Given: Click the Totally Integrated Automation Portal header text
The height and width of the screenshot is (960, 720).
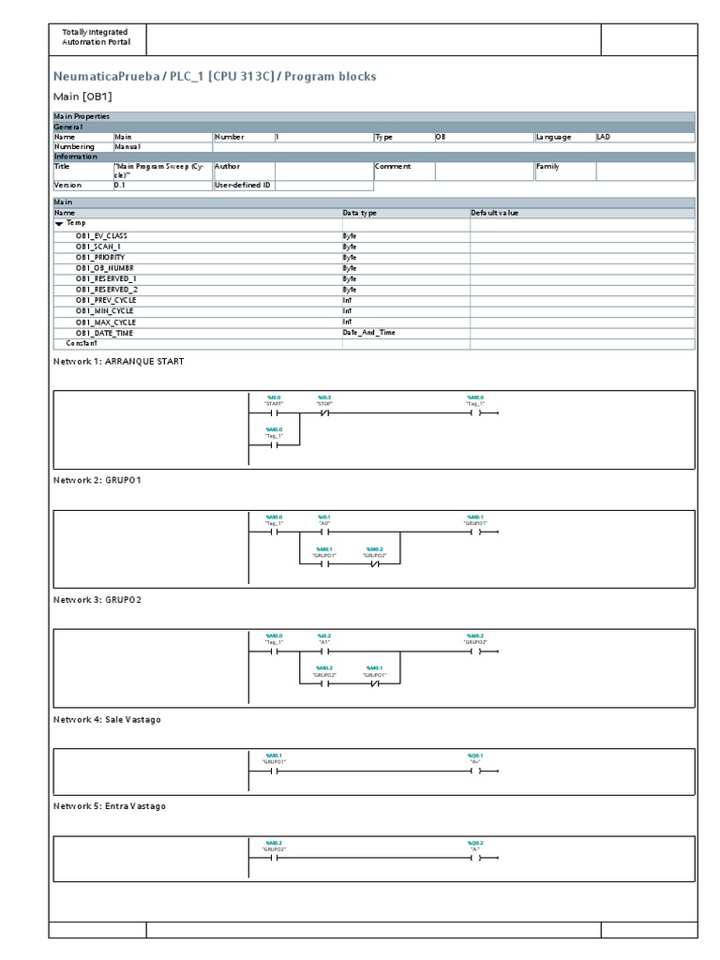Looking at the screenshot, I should (x=96, y=37).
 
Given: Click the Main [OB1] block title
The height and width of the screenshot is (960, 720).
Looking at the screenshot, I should (x=82, y=96).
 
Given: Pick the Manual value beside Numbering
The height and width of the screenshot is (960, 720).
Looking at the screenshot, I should (x=127, y=147).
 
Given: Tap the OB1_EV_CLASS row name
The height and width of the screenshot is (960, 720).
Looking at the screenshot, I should (x=102, y=234).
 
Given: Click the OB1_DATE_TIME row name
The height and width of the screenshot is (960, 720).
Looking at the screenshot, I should (x=104, y=333).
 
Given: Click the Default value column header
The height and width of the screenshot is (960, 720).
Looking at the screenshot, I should (x=495, y=213).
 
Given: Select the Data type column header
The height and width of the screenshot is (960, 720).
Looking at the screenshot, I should (x=360, y=213).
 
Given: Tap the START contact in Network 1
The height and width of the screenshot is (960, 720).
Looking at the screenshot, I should (x=274, y=412).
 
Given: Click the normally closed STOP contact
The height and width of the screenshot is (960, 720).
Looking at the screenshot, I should (x=324, y=412).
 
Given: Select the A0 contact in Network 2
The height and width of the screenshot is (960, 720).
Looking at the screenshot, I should (x=324, y=532).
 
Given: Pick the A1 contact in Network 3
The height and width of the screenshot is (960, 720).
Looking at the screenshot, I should (x=324, y=652).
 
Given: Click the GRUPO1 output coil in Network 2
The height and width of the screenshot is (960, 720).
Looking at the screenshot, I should (x=475, y=532).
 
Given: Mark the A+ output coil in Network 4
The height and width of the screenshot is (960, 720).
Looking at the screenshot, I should (x=475, y=772).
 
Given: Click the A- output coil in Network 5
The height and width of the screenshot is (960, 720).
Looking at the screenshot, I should (x=475, y=858).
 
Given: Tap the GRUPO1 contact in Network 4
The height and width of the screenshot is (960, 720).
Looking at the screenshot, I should (x=274, y=772).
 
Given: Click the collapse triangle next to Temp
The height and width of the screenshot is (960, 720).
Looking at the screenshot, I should (x=59, y=224).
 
